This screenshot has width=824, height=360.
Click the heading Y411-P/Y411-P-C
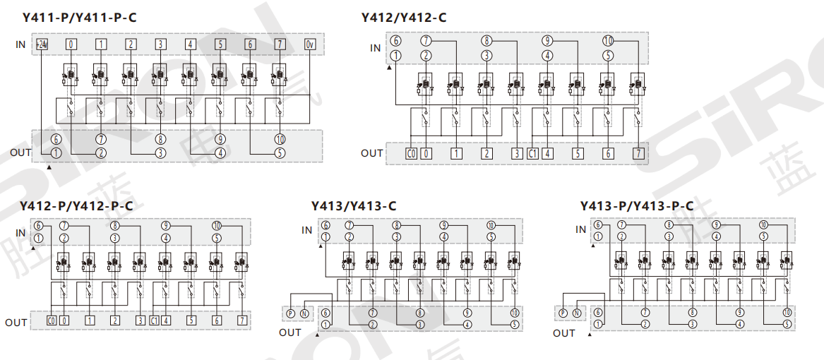tap(79, 17)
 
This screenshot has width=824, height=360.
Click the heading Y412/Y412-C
tap(403, 17)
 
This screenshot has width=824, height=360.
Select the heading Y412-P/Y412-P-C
tap(76, 206)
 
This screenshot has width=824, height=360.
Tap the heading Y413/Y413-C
tap(353, 206)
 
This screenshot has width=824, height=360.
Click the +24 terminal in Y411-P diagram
tap(42, 44)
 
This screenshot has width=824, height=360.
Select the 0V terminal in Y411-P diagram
tap(310, 44)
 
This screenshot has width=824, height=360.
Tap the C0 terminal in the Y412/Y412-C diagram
tap(411, 152)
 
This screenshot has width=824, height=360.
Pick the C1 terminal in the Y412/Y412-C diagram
tap(533, 152)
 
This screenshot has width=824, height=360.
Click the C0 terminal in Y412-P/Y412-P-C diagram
tap(51, 320)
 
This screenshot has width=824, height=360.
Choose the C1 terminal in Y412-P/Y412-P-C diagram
tap(154, 320)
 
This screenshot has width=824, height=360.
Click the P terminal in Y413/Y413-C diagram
tap(289, 313)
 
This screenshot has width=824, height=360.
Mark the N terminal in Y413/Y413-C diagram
tap(304, 313)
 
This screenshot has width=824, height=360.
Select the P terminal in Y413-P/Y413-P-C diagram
tap(563, 313)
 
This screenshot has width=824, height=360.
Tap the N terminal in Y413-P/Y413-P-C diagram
tap(577, 313)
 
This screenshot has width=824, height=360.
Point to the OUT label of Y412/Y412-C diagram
tap(371, 153)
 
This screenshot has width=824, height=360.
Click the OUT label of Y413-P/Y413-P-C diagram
tap(563, 332)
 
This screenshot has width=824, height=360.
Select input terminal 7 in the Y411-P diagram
tap(280, 44)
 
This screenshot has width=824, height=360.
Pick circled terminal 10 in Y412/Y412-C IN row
tap(609, 41)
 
